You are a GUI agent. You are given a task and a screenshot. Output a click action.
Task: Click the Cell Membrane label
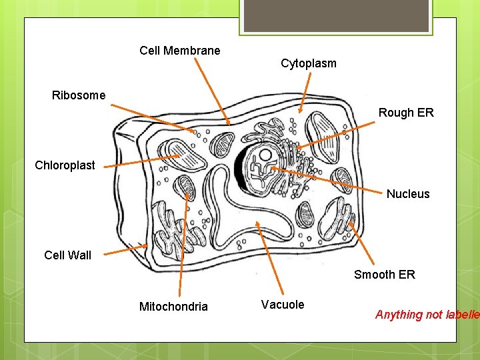coord(179,51)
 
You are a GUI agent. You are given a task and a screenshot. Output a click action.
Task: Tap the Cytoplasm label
coord(308,64)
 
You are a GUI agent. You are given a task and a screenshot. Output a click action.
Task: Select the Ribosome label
coord(79,95)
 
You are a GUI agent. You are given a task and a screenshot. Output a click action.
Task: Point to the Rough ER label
coord(406,113)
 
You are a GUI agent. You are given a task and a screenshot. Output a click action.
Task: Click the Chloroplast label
coord(65,165)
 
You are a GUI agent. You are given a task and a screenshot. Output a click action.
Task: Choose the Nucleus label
coord(408,194)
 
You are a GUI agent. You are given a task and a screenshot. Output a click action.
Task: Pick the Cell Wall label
coord(67,255)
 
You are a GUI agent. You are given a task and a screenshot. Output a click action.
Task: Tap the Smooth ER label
coord(384,275)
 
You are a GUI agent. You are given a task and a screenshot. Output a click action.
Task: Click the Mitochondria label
coord(173,307)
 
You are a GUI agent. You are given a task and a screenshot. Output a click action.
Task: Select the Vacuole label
coord(283,305)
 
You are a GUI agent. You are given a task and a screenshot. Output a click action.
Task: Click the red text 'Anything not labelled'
coord(427,315)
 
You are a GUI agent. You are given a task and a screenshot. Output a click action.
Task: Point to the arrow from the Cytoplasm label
coord(305,93)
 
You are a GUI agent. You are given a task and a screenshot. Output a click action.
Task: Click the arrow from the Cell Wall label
coord(127,250)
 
